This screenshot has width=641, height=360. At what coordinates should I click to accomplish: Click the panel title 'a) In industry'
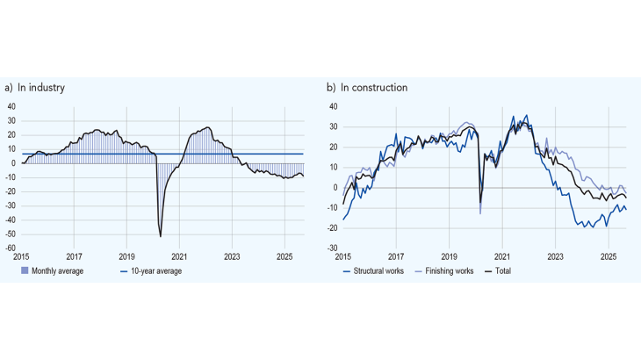pyautogui.click(x=35, y=88)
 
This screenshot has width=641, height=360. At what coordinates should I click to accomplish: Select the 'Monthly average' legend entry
pyautogui.click(x=56, y=271)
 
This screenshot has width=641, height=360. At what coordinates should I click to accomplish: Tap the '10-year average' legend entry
pyautogui.click(x=156, y=271)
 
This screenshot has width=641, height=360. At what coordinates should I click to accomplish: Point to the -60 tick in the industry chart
pyautogui.click(x=11, y=248)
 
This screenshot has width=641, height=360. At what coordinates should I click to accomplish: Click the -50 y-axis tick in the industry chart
pyautogui.click(x=11, y=234)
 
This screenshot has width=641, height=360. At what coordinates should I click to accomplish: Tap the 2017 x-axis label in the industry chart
pyautogui.click(x=74, y=257)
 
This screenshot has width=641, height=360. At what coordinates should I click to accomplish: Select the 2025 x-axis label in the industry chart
pyautogui.click(x=284, y=257)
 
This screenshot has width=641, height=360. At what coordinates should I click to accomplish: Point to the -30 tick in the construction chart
pyautogui.click(x=333, y=248)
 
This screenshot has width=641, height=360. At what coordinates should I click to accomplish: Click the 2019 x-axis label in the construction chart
pyautogui.click(x=449, y=257)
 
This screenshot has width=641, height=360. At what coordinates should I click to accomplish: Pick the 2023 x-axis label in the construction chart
pyautogui.click(x=556, y=257)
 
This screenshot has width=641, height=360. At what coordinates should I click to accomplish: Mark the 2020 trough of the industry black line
pyautogui.click(x=161, y=236)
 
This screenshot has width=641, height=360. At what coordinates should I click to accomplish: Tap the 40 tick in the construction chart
pyautogui.click(x=334, y=106)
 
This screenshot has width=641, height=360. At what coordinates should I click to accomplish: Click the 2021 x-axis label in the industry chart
pyautogui.click(x=179, y=257)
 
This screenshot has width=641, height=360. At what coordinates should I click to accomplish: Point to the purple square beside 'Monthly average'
pyautogui.click(x=25, y=271)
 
